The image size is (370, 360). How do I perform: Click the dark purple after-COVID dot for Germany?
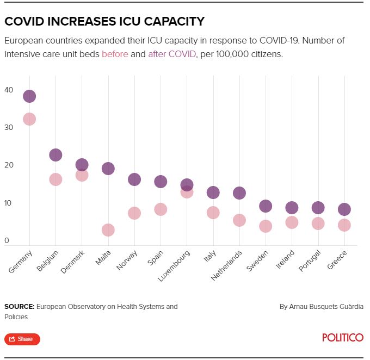[x=29, y=96]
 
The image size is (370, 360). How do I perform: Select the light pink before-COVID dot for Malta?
[x=108, y=230]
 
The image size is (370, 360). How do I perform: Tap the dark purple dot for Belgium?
[x=55, y=155]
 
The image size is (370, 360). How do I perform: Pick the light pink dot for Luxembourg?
[x=187, y=191]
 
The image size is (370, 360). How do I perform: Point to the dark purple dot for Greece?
[x=344, y=209]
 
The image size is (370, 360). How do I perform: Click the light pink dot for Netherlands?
[x=239, y=220]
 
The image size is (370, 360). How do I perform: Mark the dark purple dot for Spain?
[x=161, y=182]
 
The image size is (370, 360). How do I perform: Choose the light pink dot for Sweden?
[x=266, y=226]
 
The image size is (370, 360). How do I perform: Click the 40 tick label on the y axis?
[x=9, y=90]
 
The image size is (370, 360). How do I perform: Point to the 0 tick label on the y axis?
[x=7, y=241]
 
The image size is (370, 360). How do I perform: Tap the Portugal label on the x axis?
[x=311, y=260]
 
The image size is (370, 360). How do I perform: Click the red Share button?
[x=22, y=339]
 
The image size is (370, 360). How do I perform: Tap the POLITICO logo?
[x=342, y=338]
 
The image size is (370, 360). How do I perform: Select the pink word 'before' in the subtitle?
[x=115, y=54]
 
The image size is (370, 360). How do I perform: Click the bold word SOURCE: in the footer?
[x=19, y=307]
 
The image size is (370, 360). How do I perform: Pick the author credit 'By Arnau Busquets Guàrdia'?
[x=321, y=307]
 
